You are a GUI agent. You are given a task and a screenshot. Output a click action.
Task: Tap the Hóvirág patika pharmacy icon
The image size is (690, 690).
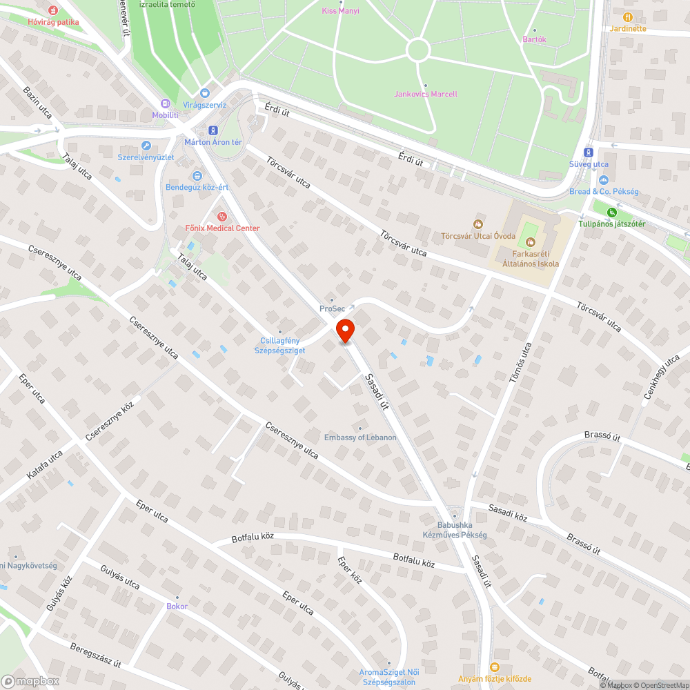point(53,10)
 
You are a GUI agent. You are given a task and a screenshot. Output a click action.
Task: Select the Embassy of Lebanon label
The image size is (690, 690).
point(360,437)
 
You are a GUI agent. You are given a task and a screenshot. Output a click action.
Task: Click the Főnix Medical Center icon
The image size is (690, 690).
point(221,217)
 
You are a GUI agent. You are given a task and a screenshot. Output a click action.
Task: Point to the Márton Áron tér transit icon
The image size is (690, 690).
point(213,130)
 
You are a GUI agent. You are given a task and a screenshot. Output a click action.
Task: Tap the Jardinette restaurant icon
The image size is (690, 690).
point(627,17)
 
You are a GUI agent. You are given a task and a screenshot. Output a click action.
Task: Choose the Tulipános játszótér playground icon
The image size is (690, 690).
point(611,212)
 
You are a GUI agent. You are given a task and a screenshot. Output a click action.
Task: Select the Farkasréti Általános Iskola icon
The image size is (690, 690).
point(531,241)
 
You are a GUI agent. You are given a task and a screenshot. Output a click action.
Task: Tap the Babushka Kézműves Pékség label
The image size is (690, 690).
point(455,530)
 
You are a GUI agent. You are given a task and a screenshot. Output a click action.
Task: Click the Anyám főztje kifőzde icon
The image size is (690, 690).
point(494,667)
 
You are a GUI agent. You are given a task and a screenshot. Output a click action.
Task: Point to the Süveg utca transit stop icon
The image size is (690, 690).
point(588,152)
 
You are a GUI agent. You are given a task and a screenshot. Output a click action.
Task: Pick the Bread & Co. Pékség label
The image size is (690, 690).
point(604,191)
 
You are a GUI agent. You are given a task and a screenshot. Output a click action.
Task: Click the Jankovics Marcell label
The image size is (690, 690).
point(425,94)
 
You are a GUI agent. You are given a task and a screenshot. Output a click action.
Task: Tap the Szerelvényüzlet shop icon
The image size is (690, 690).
point(146,146)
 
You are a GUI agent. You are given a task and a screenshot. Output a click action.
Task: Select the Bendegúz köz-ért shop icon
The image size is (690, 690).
point(197,175)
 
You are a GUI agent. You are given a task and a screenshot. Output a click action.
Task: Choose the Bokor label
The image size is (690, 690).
point(177,606)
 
